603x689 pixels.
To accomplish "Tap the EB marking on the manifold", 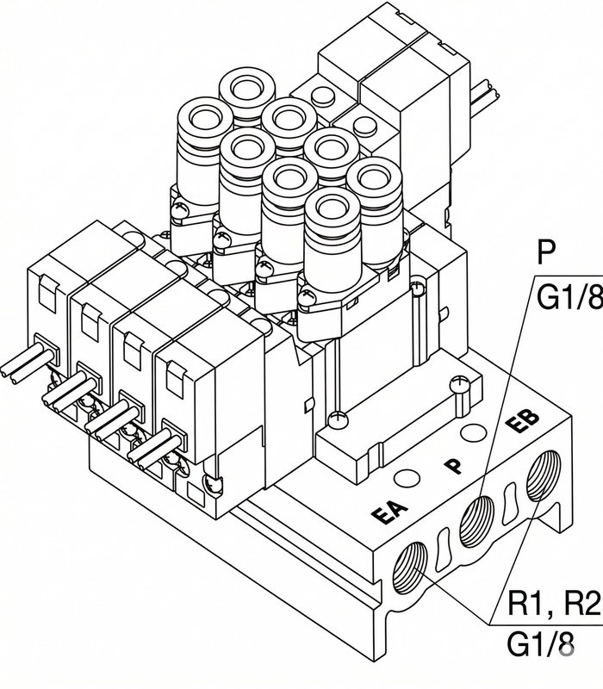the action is point(522,421).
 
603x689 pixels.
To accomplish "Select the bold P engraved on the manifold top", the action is point(454,466).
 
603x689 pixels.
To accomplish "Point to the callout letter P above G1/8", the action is point(546,251).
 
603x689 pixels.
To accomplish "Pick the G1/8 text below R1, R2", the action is point(541,644).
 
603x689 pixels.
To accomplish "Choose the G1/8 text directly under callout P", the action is point(569,297).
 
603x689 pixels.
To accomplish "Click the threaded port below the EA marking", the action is point(409,568).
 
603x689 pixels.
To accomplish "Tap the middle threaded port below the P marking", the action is point(476,522).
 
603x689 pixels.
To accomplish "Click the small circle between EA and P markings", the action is point(407,479).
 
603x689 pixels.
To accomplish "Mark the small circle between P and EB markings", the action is point(473,433).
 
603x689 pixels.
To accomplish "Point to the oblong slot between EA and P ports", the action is point(443,549).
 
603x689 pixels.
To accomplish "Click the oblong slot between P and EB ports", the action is point(510,504).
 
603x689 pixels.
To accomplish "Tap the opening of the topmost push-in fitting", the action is point(246,90).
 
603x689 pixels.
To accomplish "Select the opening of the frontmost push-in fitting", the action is point(333,208).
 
